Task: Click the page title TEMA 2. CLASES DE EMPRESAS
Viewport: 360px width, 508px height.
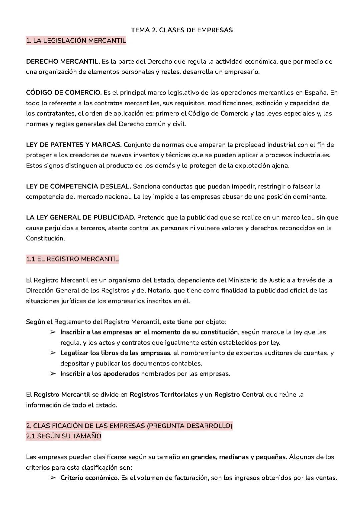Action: point(182,30)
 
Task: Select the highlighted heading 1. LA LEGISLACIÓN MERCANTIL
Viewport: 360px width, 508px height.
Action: point(76,41)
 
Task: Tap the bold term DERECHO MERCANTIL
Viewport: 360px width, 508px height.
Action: point(63,61)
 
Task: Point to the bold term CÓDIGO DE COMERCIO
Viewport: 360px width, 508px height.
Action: point(64,93)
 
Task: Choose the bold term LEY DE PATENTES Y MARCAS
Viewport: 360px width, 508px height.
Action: point(74,145)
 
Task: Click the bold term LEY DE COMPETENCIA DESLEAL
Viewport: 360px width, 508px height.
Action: point(79,186)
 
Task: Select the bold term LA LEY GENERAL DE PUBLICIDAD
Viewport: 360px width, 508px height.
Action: point(80,218)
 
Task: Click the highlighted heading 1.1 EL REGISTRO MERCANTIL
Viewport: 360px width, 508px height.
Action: point(72,259)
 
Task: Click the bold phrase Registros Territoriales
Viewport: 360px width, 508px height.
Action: point(163,394)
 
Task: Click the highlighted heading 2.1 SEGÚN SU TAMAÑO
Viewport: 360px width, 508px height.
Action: point(64,436)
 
